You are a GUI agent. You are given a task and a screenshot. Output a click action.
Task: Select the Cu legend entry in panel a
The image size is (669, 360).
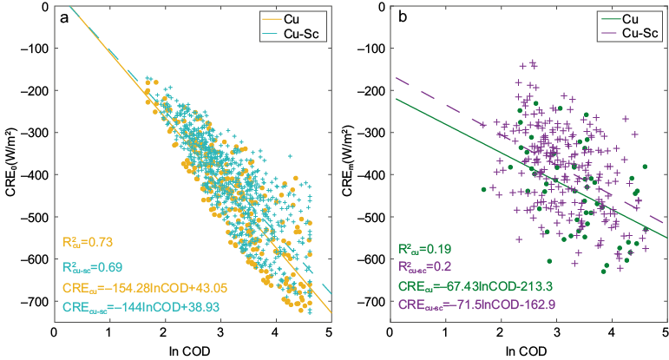coord(296,16)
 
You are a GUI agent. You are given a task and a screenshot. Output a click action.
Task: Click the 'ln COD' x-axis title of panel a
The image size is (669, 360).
coord(193,350)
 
